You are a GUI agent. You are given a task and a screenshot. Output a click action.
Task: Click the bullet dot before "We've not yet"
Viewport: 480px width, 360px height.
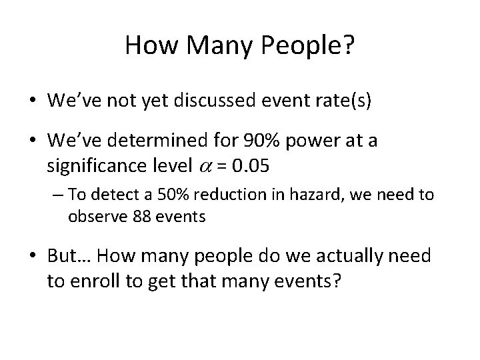(32, 101)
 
